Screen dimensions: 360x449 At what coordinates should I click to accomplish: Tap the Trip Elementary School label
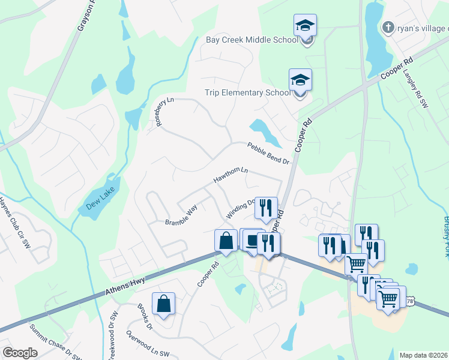(x=246, y=93)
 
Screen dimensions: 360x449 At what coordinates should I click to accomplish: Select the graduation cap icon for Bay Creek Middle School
(x=305, y=26)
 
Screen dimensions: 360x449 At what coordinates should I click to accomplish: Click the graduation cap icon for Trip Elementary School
(x=300, y=80)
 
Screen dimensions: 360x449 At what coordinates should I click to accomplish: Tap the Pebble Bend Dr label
(x=268, y=154)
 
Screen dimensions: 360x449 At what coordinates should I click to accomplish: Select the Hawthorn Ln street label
(x=231, y=175)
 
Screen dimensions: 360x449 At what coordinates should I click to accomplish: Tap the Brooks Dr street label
(x=145, y=317)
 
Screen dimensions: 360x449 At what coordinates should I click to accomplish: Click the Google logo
(x=20, y=352)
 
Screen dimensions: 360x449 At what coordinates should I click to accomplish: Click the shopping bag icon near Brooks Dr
(x=164, y=304)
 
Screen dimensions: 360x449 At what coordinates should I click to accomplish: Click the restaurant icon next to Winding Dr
(x=266, y=208)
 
